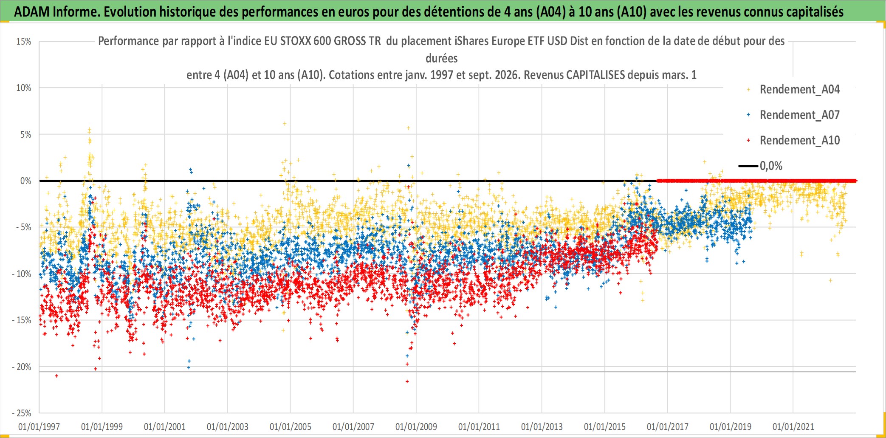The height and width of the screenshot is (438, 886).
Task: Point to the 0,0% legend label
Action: point(771,166)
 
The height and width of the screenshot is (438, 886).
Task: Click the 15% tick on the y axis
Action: point(24,42)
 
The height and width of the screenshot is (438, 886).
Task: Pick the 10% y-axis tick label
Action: point(24,88)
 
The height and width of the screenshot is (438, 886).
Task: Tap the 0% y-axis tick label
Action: point(26,181)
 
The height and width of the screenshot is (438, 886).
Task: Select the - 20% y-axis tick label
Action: point(22,367)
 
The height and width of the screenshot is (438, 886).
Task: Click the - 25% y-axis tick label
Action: point(22,413)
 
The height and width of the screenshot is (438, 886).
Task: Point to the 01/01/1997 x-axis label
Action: point(39,427)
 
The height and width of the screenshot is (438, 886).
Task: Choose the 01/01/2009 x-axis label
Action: point(416,427)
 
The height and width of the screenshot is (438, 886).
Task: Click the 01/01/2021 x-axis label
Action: point(793,427)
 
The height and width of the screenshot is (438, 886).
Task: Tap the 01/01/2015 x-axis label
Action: point(605,427)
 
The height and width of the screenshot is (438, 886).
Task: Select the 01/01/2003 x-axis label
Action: point(228,427)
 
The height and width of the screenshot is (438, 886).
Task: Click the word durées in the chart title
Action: point(442,58)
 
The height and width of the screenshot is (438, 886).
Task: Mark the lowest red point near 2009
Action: point(407,381)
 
